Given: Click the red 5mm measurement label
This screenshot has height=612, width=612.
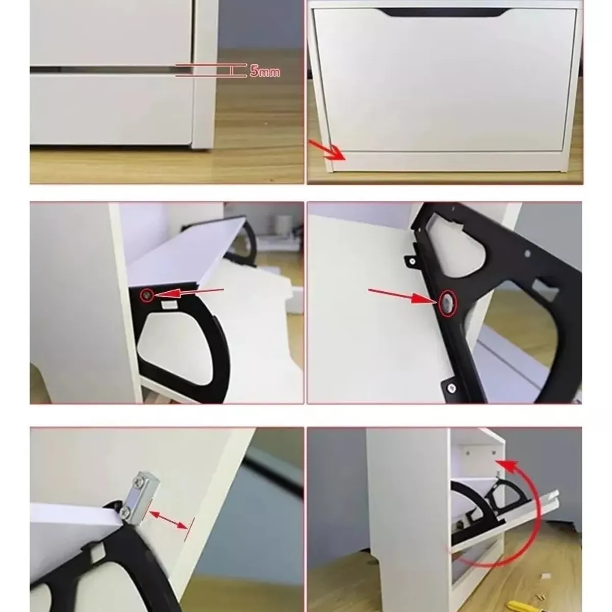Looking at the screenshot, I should coord(265,72).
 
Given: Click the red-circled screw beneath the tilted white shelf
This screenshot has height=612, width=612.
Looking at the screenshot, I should coord(147,295).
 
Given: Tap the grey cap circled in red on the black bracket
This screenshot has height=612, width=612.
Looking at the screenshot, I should coord(447,302).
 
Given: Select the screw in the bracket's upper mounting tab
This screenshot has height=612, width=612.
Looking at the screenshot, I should coord(410,260).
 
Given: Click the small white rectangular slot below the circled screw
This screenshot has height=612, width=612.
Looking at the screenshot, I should coord(169,305).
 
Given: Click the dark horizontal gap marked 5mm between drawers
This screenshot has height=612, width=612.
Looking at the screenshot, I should coord(102,70).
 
